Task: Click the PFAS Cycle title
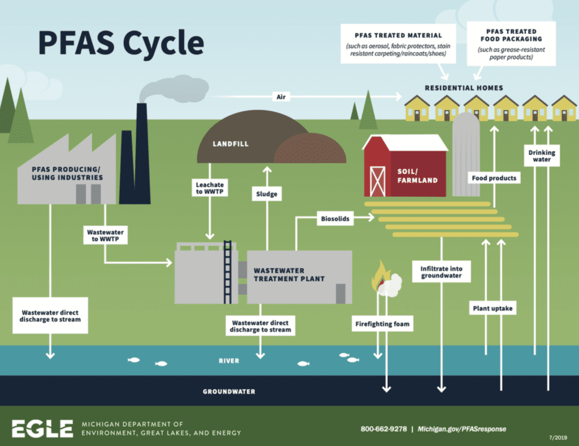click(x=121, y=43)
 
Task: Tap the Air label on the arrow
click(x=281, y=97)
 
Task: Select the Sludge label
click(x=267, y=194)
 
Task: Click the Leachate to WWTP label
click(x=210, y=188)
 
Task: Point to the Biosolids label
click(x=335, y=218)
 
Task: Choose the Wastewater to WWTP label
click(x=105, y=235)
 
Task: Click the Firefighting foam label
click(x=382, y=324)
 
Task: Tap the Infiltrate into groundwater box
click(x=441, y=272)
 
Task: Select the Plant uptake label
click(x=492, y=308)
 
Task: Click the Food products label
click(x=494, y=178)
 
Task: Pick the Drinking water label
click(x=542, y=156)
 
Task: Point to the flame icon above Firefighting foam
click(x=379, y=276)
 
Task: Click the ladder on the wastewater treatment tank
click(x=227, y=272)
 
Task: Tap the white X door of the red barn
click(x=377, y=181)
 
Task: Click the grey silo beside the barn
click(x=466, y=154)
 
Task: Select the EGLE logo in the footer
click(x=42, y=428)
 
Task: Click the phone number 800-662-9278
click(x=384, y=429)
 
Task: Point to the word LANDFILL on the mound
click(x=231, y=144)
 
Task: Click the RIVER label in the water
click(x=229, y=361)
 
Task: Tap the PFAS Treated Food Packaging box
click(x=511, y=44)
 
